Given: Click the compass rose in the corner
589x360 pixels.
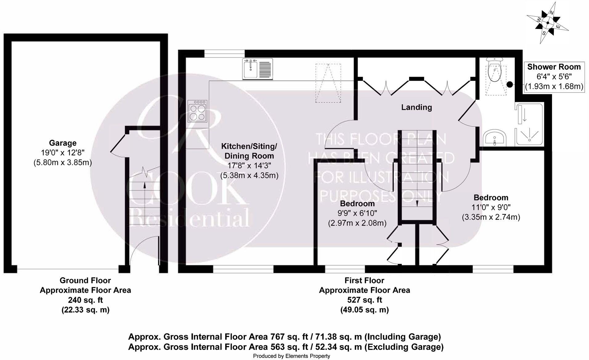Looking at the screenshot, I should click(x=548, y=22).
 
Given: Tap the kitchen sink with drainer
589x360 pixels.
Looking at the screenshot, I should click(x=258, y=69).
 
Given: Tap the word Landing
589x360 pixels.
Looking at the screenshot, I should click(x=416, y=107).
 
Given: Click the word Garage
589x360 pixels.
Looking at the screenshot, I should click(x=63, y=143).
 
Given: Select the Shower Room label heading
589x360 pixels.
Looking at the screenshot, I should click(x=554, y=67).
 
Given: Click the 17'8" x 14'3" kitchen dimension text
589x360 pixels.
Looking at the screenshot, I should click(x=249, y=166).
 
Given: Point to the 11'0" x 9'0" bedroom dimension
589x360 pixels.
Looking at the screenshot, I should click(x=491, y=207).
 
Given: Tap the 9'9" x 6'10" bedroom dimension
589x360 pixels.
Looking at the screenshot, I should click(x=357, y=213).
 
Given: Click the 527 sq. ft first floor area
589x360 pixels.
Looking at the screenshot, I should click(x=364, y=300).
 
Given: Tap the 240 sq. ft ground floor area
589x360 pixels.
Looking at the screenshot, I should click(x=85, y=300).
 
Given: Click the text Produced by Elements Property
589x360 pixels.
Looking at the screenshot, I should click(x=291, y=356).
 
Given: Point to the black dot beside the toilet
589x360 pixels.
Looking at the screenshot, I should click(x=510, y=84).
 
